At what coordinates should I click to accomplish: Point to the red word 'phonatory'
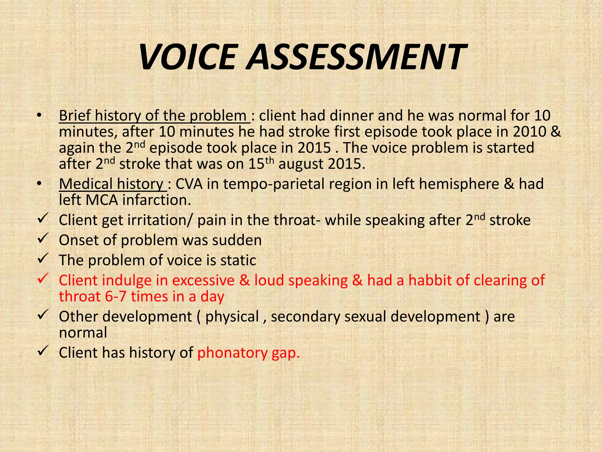(232, 353)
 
